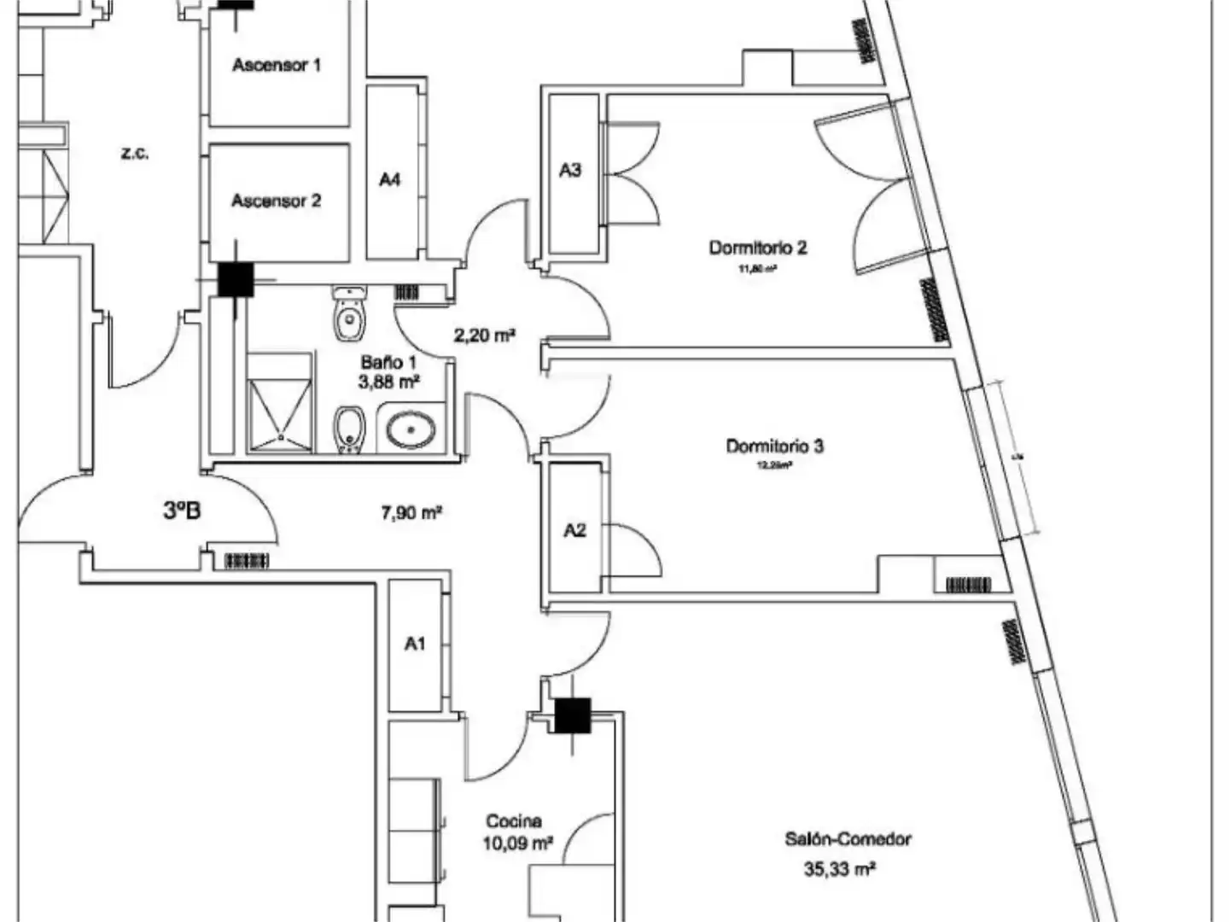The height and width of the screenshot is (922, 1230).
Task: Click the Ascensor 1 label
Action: [x=277, y=65]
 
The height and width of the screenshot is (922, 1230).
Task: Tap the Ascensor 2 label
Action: [x=277, y=201]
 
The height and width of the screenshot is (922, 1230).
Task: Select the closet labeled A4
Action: [x=390, y=179]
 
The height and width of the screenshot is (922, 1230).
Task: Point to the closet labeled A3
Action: [x=570, y=171]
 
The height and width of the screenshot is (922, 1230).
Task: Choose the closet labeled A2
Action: [x=575, y=531]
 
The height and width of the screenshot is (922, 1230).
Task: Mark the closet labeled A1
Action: [x=415, y=644]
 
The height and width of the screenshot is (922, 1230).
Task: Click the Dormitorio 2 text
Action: [x=758, y=248]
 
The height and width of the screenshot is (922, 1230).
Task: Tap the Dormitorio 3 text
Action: [x=774, y=446]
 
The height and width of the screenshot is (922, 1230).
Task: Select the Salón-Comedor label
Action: [x=848, y=839]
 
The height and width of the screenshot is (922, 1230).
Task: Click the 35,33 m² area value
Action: [x=840, y=869]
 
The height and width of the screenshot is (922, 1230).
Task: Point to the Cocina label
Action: [x=514, y=821]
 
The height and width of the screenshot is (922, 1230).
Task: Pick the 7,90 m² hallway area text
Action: [x=411, y=512]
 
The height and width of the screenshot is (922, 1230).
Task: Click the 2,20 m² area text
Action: [x=484, y=336]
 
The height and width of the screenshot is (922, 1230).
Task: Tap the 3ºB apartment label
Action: [x=182, y=511]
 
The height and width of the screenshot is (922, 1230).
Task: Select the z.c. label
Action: [x=135, y=154]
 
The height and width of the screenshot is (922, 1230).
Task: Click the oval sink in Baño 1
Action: [x=411, y=429]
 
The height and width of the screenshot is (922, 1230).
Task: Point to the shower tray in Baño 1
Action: [x=279, y=415]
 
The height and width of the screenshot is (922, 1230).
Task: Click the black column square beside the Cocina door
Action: [x=572, y=715]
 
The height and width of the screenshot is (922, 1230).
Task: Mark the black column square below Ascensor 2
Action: [x=235, y=279]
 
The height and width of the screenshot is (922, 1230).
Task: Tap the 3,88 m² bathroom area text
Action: [x=388, y=382]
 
